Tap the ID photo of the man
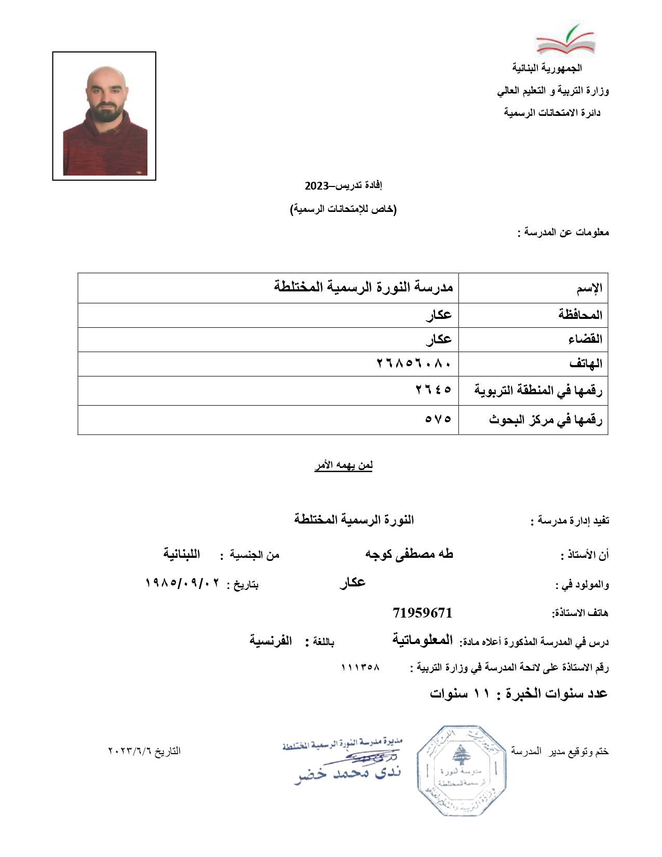point(104,116)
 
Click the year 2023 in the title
point(316,185)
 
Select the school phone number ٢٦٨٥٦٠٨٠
point(414,364)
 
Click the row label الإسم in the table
point(589,288)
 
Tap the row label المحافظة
point(580,315)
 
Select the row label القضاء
point(585,339)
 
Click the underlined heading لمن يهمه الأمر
point(343,465)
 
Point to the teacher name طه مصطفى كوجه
point(409,554)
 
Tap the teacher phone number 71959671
point(422,613)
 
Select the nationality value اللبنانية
point(182,554)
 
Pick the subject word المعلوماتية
point(422,640)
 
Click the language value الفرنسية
point(271,641)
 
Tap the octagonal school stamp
point(461,771)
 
